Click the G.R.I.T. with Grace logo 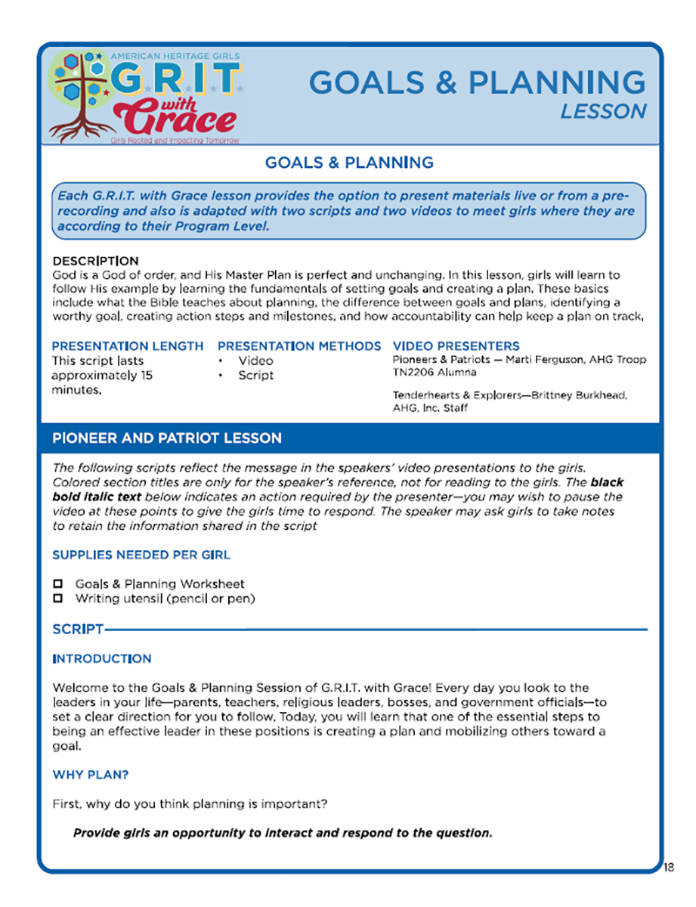pos(144,96)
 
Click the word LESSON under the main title pos(603,111)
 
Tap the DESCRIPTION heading pos(95,262)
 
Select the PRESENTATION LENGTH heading pos(128,346)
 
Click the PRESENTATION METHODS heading pos(299,346)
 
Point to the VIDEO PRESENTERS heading pos(456,346)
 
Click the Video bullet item pos(255,361)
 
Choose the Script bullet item pos(255,375)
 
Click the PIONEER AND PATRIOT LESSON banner pos(167,438)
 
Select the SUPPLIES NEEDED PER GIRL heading pos(141,555)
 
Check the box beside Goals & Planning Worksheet pos(57,584)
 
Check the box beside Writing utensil pos(57,599)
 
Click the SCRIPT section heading pos(78,629)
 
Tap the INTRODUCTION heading pos(102,659)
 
